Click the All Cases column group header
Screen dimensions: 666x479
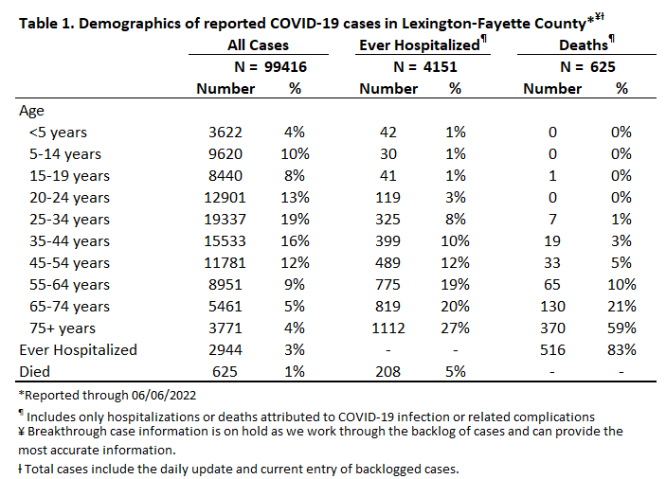pos(258,45)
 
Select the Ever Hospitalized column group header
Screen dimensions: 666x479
pos(420,45)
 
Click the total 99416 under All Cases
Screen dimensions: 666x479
pos(285,67)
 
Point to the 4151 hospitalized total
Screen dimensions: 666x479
pos(440,67)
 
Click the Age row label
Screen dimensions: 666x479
pos(31,111)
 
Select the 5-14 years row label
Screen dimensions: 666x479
pos(65,154)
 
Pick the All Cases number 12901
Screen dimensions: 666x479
pos(225,197)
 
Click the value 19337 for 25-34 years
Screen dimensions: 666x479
pos(225,220)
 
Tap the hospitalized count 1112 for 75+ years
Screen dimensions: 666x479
pos(388,328)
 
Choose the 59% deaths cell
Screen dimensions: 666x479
pos(621,328)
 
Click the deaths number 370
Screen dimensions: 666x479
pos(552,328)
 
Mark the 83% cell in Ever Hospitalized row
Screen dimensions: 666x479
pos(621,350)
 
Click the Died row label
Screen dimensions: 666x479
pos(34,372)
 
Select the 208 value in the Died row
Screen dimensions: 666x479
pos(387,372)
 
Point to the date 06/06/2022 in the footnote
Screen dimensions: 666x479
pos(164,396)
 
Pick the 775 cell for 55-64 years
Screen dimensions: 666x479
pos(387,284)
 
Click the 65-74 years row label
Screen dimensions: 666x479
pos(69,307)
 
